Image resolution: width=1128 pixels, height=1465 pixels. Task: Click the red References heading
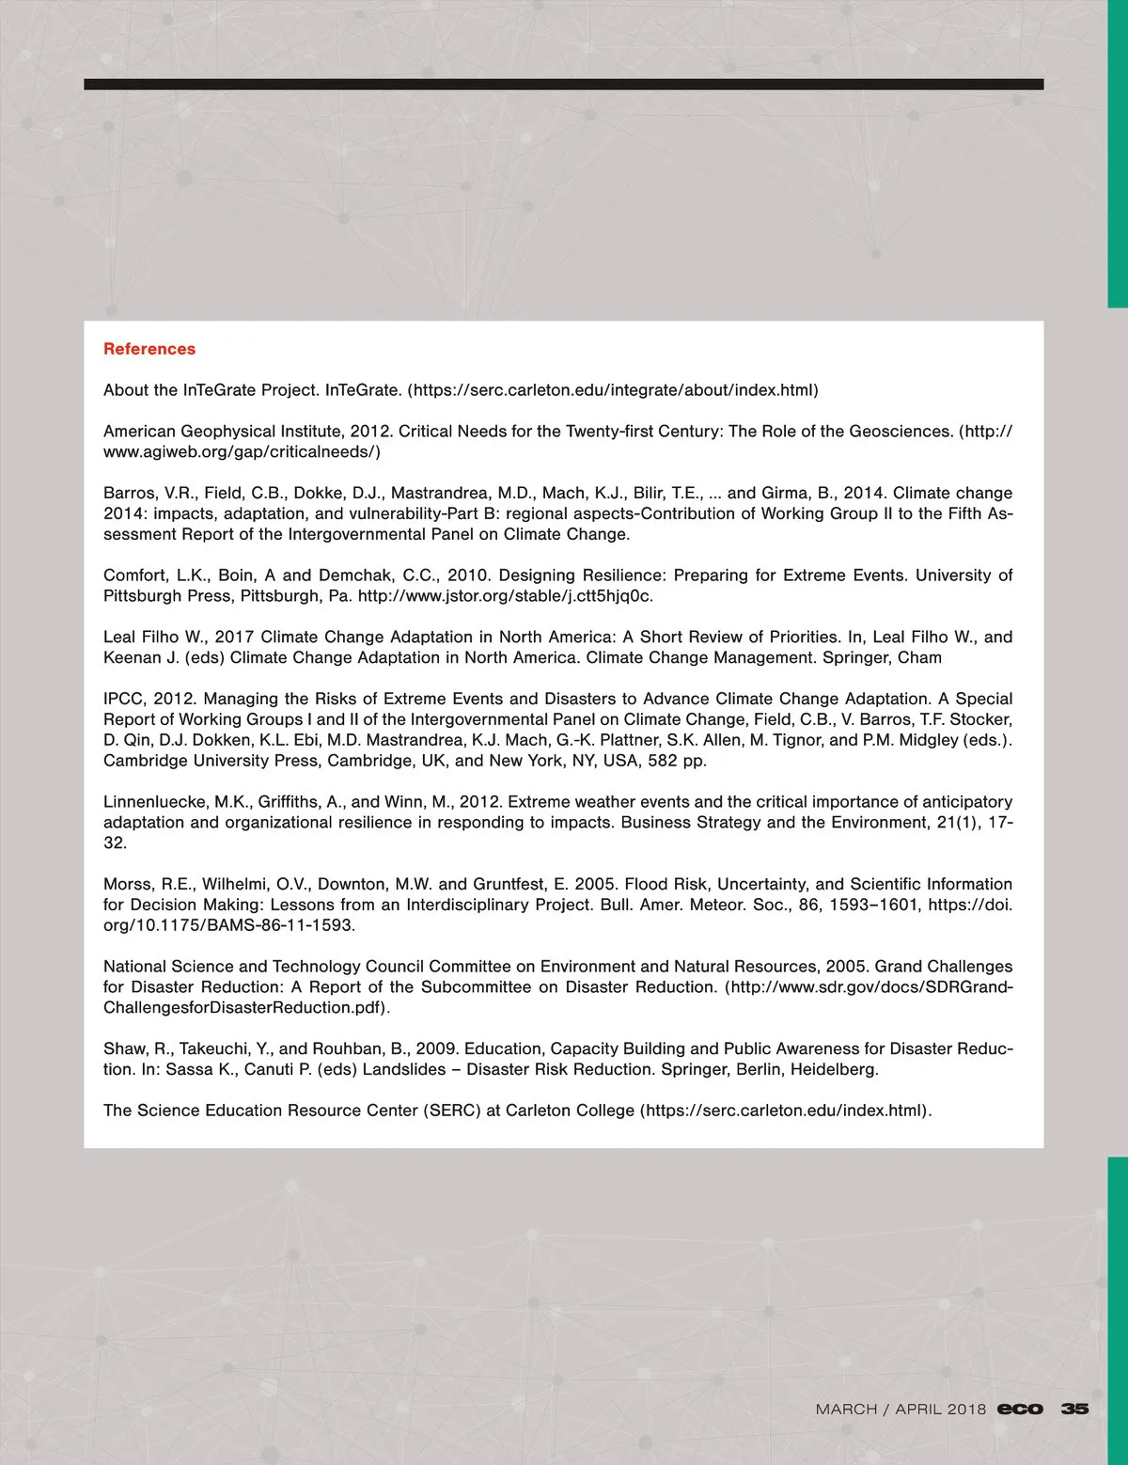[149, 349]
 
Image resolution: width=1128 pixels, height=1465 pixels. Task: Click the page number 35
[1074, 1409]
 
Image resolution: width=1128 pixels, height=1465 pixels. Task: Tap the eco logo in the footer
[1020, 1409]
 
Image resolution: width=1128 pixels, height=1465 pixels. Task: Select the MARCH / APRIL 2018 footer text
[901, 1409]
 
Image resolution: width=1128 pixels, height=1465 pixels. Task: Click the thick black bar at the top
[564, 85]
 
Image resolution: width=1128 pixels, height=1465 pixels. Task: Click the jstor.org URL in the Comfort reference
[506, 596]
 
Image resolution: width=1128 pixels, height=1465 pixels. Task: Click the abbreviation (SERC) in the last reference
[453, 1111]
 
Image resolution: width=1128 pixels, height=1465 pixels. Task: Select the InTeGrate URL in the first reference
[613, 390]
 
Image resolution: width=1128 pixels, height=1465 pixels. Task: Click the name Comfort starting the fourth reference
[135, 575]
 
